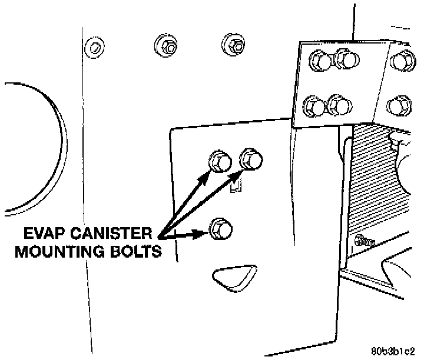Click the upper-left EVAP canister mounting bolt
[218, 161]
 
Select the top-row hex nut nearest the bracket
[234, 44]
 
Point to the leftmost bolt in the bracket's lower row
[312, 106]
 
